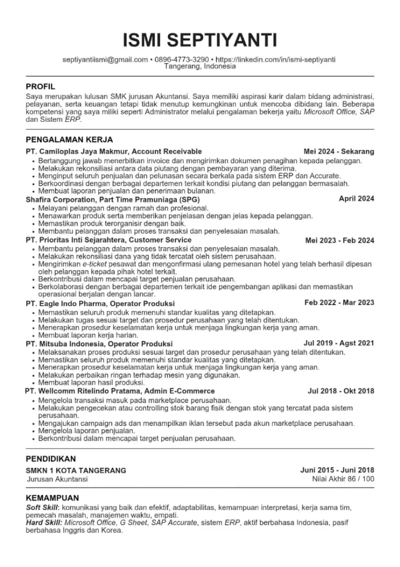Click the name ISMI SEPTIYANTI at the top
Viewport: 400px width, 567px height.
[x=200, y=40]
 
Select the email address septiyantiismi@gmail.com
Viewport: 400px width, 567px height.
[x=105, y=59]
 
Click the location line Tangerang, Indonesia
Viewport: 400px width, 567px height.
[x=200, y=66]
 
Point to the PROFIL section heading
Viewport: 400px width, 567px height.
[x=41, y=87]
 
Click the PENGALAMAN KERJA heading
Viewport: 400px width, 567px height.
[x=70, y=139]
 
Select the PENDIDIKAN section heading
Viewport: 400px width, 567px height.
[x=51, y=458]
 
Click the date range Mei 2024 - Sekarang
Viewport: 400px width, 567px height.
[x=339, y=152]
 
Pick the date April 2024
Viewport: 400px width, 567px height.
[x=356, y=199]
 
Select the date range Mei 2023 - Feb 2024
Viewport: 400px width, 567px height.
[x=339, y=240]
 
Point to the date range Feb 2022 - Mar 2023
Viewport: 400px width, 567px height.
[x=339, y=303]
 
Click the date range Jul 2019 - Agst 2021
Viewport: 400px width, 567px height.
[x=339, y=343]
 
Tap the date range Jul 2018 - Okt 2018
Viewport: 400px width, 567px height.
[x=341, y=391]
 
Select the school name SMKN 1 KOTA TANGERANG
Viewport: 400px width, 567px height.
[x=76, y=471]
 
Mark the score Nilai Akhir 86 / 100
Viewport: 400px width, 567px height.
[x=343, y=479]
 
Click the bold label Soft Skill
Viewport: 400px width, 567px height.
[x=42, y=506]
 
